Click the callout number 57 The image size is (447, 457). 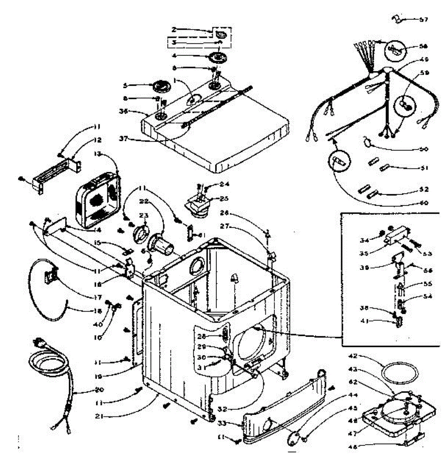[424, 19]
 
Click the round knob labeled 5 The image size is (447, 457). [161, 86]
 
